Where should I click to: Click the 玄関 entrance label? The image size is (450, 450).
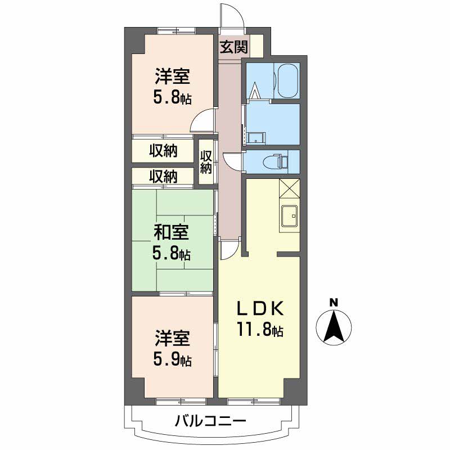[233, 47]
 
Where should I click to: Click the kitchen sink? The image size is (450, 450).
[290, 215]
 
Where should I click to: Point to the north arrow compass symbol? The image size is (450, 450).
[334, 327]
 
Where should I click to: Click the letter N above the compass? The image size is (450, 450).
[334, 303]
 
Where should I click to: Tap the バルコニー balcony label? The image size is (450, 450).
[210, 421]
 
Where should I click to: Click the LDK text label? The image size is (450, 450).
[260, 308]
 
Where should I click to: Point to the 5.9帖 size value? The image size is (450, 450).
[172, 359]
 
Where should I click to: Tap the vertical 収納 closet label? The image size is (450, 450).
[206, 162]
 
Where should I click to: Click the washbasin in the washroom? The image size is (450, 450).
[256, 138]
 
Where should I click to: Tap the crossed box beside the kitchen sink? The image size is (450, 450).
[289, 188]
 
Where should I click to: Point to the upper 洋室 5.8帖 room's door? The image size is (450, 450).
[202, 121]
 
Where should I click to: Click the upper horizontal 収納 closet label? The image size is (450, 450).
[163, 150]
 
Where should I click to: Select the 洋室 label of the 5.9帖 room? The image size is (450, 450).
[173, 338]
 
